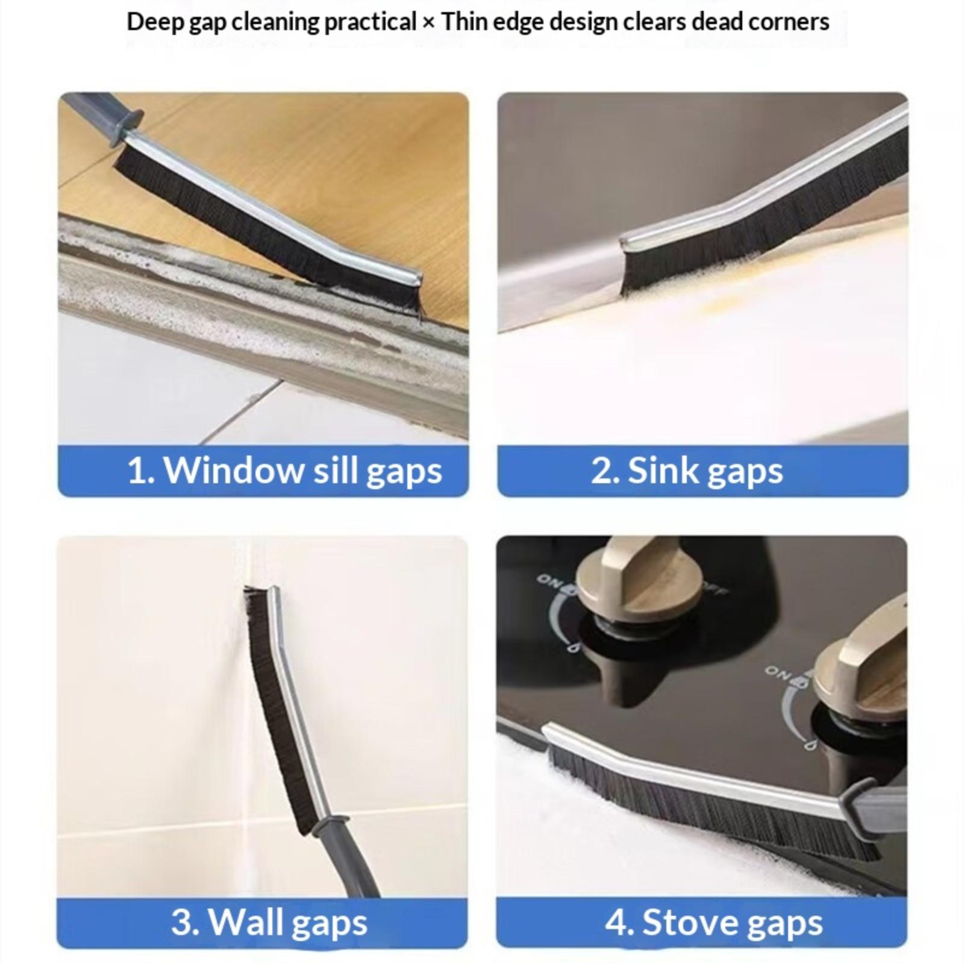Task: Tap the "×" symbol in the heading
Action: point(428,23)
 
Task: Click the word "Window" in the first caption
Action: point(234,470)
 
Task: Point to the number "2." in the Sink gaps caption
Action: point(606,470)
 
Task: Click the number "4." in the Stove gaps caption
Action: point(621,922)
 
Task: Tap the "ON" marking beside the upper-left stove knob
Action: point(549,580)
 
